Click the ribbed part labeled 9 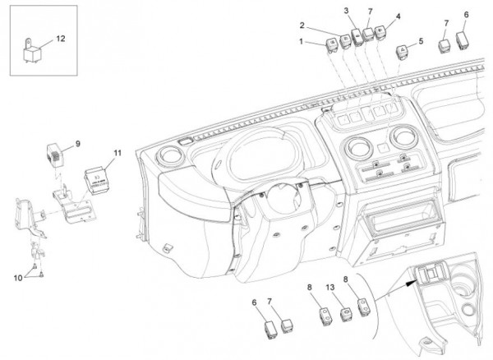53,154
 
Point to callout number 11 117,153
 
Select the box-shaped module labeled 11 99,178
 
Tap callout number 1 302,41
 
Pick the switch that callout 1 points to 333,44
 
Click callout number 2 302,25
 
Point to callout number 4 398,16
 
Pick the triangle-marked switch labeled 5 403,52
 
